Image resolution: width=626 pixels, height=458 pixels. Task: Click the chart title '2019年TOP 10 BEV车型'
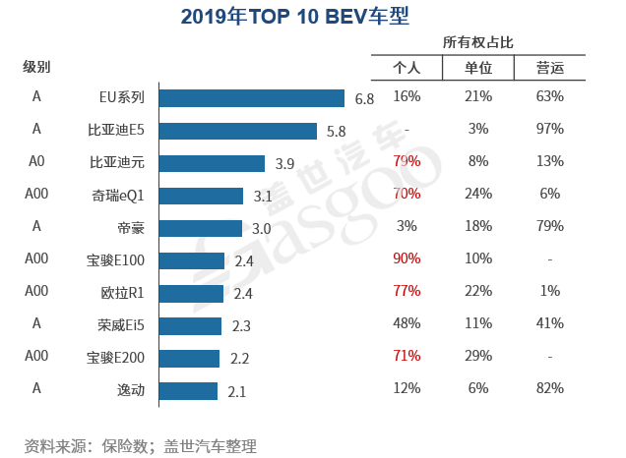pos(295,17)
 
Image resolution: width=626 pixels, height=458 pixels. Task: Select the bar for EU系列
pos(251,98)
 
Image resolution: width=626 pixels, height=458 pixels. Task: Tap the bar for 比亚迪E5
pos(237,131)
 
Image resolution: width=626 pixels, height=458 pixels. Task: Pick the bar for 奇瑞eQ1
pos(201,196)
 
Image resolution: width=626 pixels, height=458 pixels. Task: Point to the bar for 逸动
pos(188,390)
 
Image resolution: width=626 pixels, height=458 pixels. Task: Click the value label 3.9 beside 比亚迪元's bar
pos(285,163)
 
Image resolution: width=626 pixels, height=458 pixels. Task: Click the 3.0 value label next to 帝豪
pos(262,228)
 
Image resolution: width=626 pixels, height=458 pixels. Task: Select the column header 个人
pos(407,68)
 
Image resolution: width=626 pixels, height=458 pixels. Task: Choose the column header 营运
pos(550,68)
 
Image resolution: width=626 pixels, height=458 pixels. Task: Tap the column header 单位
pos(478,68)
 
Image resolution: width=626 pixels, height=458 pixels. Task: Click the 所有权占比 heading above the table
pos(478,42)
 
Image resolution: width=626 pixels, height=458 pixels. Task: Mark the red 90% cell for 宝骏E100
pos(407,258)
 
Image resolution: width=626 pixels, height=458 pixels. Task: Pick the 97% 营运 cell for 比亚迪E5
pos(550,129)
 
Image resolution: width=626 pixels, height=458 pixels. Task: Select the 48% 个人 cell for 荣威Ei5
pos(407,323)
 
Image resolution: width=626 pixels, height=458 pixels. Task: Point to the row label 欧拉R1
pos(123,293)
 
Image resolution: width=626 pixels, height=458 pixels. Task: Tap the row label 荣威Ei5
pos(120,325)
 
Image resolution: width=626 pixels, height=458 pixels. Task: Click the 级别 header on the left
pos(36,67)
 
